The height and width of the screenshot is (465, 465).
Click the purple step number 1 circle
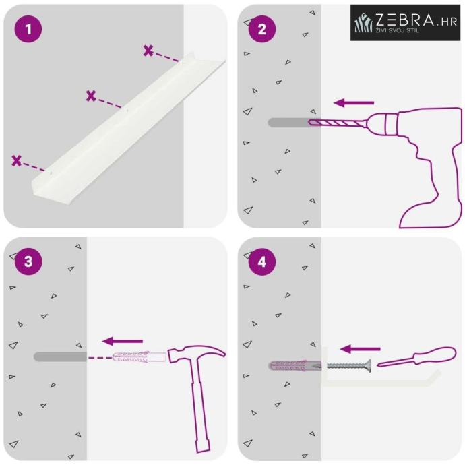click(28, 29)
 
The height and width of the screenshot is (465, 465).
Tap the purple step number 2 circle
click(262, 29)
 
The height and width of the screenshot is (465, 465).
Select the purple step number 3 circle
click(28, 261)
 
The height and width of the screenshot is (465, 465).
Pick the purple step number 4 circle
click(262, 261)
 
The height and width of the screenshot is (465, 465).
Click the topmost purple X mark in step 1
click(148, 51)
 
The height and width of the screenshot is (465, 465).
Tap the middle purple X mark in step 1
click(91, 96)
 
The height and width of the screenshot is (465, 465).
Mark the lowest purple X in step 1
click(17, 160)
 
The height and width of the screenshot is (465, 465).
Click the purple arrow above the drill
click(354, 103)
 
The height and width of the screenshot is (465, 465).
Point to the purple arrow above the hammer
click(123, 341)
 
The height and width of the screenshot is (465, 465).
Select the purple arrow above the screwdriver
click(360, 349)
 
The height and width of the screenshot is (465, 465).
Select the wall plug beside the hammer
click(139, 356)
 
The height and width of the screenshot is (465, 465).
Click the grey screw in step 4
click(349, 365)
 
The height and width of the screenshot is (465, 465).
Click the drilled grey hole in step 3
click(60, 356)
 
